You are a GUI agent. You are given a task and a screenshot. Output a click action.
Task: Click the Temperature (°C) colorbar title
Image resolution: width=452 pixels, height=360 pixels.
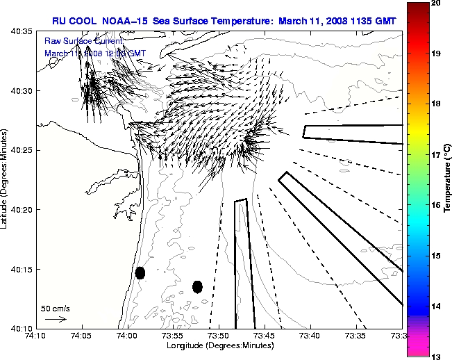(x=447, y=178)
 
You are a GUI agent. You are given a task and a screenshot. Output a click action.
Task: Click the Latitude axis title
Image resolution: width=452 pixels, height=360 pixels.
(x=6, y=179)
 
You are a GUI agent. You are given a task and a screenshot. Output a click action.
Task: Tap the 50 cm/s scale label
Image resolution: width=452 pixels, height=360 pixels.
(x=55, y=308)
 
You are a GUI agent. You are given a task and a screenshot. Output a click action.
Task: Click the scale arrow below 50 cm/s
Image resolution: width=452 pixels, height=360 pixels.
(x=56, y=319)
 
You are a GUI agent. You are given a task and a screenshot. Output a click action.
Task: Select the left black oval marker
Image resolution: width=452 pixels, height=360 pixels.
(x=140, y=273)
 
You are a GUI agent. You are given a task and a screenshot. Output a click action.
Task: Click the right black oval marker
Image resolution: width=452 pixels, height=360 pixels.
(x=197, y=286)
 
